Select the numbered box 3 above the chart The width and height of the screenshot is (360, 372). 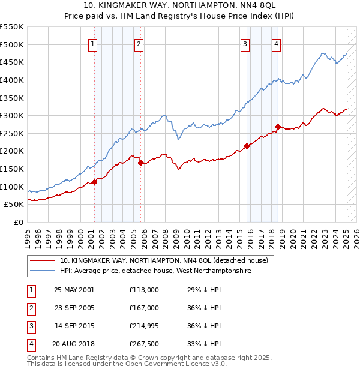tap(245, 43)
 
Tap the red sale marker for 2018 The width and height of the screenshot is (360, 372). tap(278, 127)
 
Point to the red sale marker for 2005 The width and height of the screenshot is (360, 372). tap(140, 163)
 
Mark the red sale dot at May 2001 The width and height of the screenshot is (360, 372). tap(94, 182)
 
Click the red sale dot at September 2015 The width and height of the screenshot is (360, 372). tap(247, 146)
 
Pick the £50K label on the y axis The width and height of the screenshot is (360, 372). tap(14, 205)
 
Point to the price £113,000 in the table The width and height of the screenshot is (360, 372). tap(143, 289)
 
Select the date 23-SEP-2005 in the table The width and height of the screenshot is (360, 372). tap(74, 307)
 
